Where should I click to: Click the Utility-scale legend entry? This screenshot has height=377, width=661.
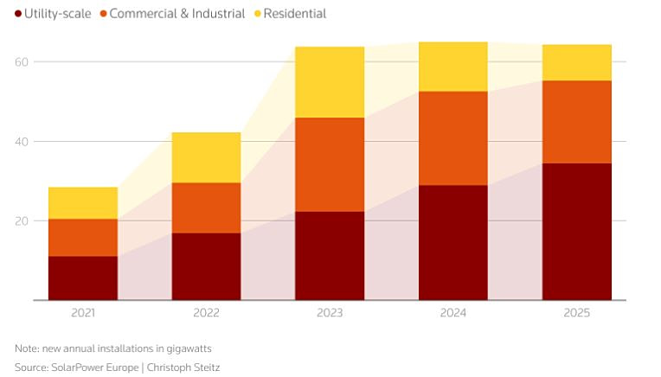53,14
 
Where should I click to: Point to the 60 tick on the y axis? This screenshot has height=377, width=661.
20,62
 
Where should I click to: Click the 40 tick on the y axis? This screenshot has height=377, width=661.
20,142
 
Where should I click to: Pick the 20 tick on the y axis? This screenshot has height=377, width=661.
20,221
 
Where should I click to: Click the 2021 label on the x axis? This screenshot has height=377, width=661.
83,313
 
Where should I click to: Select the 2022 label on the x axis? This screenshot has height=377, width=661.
206,313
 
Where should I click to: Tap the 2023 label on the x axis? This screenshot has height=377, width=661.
330,313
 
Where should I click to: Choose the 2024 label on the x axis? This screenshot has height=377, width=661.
452,313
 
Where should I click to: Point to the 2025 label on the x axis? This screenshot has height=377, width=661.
576,313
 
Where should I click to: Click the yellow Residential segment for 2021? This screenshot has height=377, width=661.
83,203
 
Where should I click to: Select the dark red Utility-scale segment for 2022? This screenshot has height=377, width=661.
206,266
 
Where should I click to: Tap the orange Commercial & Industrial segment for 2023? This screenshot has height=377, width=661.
330,164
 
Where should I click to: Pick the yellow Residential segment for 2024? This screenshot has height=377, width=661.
452,67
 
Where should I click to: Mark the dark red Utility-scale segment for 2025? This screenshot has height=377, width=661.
576,232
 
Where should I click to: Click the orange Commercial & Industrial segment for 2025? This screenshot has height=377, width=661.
576,122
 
